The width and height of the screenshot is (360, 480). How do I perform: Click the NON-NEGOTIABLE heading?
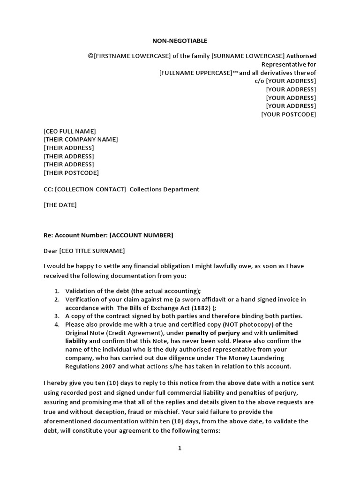point(180,41)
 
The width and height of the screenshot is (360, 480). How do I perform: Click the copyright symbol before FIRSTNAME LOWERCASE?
point(90,56)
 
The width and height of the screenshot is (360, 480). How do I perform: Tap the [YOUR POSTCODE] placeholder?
point(288,114)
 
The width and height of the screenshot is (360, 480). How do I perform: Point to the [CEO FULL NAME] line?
point(69,131)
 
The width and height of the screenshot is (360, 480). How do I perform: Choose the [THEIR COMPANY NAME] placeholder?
point(81,139)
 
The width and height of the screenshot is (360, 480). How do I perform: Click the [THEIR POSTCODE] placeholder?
point(71,172)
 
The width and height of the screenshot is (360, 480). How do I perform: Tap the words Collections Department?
point(164,189)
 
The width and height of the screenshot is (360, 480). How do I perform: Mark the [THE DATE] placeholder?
point(60,205)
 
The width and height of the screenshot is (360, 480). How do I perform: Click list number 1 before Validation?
point(56,291)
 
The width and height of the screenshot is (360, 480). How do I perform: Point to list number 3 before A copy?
point(56,316)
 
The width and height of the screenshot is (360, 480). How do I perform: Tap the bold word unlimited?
point(283,333)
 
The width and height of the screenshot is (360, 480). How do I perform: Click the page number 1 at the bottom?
point(180,448)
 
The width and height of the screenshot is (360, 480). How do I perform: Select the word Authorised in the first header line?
point(301,56)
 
